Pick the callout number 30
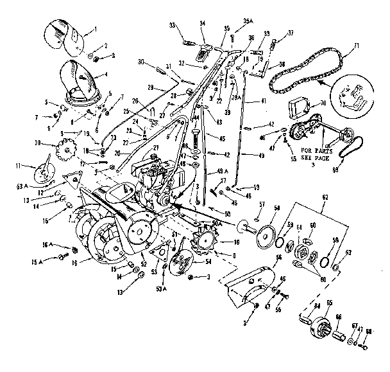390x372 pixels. click(x=141, y=62)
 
